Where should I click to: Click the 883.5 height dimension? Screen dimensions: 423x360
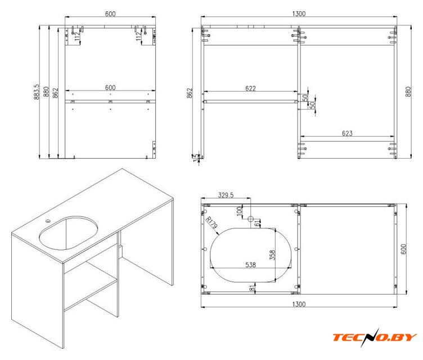click(37, 92)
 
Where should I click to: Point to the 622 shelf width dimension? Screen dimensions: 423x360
click(250, 88)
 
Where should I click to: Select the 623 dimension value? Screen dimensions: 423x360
click(347, 133)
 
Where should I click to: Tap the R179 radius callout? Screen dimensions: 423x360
click(211, 223)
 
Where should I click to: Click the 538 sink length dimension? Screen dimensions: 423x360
click(250, 265)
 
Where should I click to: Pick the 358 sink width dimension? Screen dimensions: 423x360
click(272, 255)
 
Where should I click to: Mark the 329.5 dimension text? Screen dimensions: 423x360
click(226, 195)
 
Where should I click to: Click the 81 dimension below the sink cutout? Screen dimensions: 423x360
click(252, 287)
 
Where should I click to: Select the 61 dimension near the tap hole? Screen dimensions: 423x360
click(258, 223)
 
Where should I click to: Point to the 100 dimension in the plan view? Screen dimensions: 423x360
click(239, 211)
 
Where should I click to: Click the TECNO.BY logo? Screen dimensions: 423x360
click(375, 337)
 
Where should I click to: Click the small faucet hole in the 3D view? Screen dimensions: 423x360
click(48, 221)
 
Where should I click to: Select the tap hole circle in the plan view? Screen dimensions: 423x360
click(251, 219)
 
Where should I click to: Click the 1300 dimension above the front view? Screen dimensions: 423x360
click(299, 13)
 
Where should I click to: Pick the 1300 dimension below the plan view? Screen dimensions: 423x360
click(299, 304)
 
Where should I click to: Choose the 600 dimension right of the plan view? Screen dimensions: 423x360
click(403, 249)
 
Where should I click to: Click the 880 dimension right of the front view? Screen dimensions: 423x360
click(408, 92)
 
